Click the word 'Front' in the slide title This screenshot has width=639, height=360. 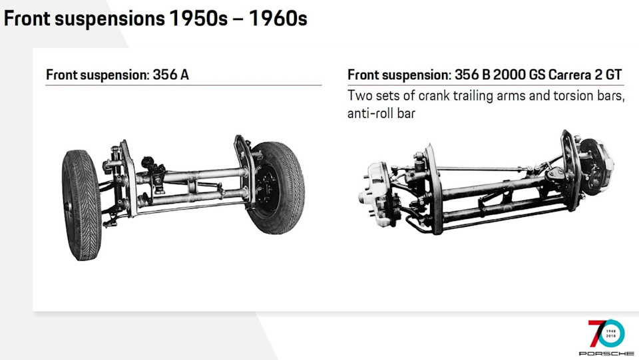[27, 19]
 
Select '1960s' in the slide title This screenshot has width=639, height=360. [278, 19]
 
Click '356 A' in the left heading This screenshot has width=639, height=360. [171, 75]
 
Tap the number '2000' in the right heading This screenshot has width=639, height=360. [509, 75]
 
